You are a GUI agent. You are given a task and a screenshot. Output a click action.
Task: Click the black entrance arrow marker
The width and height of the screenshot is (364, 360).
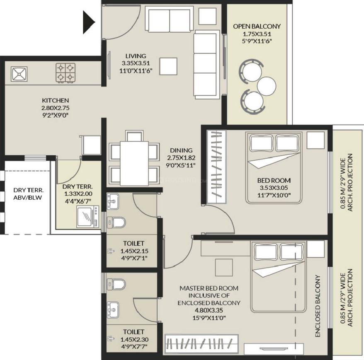coord(88,22)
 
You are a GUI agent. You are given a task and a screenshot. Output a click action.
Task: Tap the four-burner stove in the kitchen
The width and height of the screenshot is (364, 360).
coord(66,72)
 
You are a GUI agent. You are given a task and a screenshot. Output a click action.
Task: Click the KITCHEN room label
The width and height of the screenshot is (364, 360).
coord(55,100)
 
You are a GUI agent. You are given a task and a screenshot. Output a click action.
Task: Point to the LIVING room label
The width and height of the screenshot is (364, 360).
coord(136,56)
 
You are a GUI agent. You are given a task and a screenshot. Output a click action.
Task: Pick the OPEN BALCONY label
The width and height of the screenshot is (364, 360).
coord(257,26)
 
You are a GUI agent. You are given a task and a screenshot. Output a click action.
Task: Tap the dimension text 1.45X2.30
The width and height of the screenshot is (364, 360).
coord(133,339)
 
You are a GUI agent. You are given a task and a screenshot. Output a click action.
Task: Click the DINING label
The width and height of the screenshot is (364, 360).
coord(181,150)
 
